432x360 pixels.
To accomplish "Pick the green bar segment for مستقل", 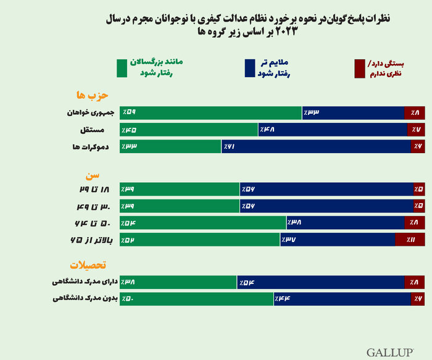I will tap(189, 130).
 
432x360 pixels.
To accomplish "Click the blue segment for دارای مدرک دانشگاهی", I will tap(321, 282).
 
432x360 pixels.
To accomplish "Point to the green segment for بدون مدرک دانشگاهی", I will tap(197, 299).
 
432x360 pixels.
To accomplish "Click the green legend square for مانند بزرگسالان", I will tap(121, 69).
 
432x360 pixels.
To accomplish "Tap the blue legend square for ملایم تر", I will tap(249, 69).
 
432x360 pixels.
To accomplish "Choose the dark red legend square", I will tap(360, 69).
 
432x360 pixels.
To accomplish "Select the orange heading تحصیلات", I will tap(88, 266).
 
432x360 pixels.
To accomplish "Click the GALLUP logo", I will tap(390, 352).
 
